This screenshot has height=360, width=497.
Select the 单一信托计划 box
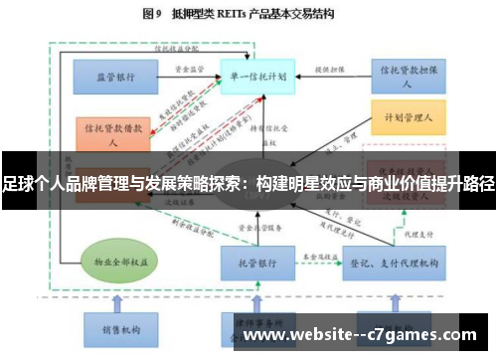point(256,76)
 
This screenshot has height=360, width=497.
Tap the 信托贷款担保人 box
point(405,76)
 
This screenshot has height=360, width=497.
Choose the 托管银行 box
point(256,262)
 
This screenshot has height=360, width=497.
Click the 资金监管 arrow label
point(189,70)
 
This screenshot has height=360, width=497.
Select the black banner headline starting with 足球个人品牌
point(248,184)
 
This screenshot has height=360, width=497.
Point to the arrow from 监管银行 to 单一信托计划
point(189,78)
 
